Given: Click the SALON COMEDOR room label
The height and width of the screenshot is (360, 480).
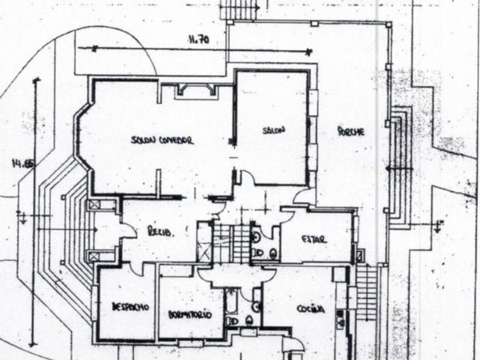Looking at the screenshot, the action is coord(162,140).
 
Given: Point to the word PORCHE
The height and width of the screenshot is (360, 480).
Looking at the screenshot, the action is coord(350,131).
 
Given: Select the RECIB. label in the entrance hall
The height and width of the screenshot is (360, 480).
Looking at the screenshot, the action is coord(160,232).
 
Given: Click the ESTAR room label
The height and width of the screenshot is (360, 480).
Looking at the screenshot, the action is coord(314,239).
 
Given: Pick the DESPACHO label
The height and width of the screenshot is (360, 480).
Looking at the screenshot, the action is coord(130,307).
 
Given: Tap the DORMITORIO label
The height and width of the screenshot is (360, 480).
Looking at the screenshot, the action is coord(190,315).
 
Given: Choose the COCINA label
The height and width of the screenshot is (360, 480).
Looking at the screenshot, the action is coord(311,309).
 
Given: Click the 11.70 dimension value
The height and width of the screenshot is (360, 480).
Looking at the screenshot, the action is coord(198,41).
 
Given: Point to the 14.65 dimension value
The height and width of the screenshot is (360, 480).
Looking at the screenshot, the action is coord(23,165).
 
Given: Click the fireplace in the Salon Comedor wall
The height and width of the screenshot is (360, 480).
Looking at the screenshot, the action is coord(196,89).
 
